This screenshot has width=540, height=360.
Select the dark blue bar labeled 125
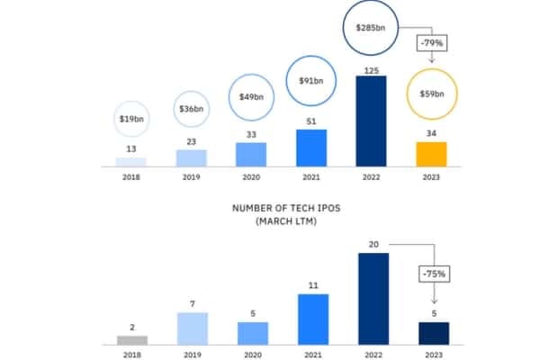coord(371,121)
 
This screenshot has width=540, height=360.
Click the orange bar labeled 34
coord(431,154)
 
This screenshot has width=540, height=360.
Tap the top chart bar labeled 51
coord(311,148)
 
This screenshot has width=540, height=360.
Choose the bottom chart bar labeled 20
coord(373,299)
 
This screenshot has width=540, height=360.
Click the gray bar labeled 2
coord(132,340)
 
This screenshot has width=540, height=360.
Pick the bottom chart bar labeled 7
coord(193,328)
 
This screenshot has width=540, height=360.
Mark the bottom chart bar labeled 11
coord(313,319)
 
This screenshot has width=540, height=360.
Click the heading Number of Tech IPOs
coord(286,208)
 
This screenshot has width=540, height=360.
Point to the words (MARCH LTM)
coord(286,221)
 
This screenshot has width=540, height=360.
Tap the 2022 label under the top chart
coord(371,177)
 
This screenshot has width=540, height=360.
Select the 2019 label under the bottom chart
coord(193,355)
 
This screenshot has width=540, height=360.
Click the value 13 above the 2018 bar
coord(131,148)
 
